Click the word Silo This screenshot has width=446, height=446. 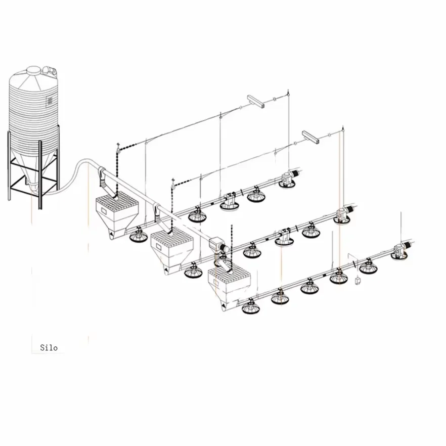click(x=49, y=347)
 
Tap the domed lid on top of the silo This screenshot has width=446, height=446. click(x=34, y=70)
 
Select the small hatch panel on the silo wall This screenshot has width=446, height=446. click(x=50, y=101)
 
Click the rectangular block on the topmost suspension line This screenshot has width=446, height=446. click(x=256, y=102)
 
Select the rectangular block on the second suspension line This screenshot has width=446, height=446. click(x=310, y=137)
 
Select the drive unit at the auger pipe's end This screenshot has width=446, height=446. click(x=218, y=245)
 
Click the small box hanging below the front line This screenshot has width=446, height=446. click(x=358, y=281)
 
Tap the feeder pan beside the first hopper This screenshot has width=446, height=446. click(x=138, y=235)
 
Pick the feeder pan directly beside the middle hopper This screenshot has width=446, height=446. click(x=193, y=271)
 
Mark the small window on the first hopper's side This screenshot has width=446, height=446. click(x=104, y=211)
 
